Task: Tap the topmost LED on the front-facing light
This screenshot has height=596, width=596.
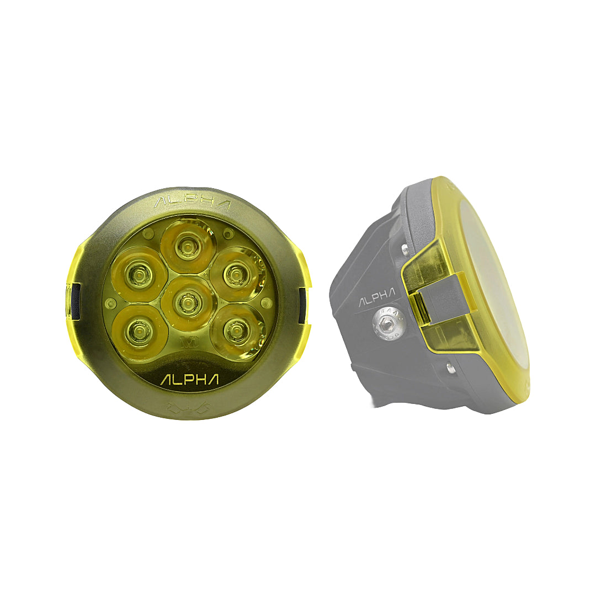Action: [x=187, y=245]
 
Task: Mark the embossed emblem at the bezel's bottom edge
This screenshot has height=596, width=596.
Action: [x=188, y=408]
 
